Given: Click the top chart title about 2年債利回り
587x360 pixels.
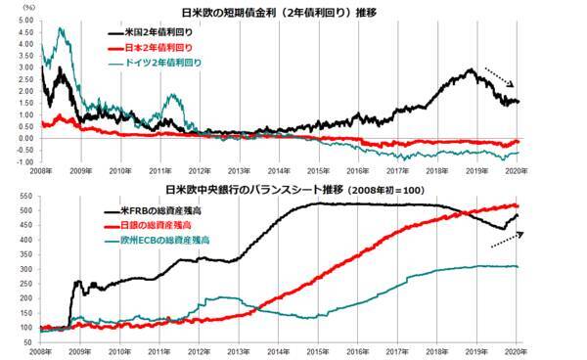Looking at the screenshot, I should coord(293,12).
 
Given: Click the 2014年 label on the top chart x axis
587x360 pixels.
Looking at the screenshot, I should coord(280,170).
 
